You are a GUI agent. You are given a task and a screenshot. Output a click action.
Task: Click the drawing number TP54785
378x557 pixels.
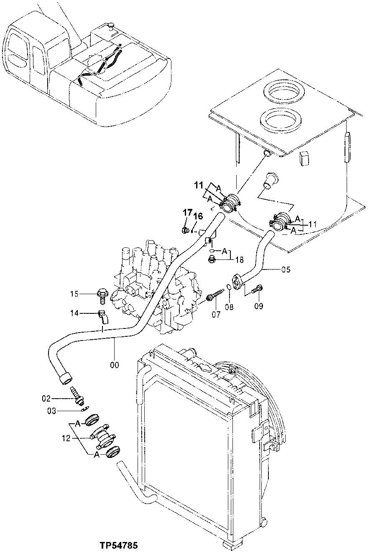point(118,545)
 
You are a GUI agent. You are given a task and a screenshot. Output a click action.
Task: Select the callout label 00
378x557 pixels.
point(114,365)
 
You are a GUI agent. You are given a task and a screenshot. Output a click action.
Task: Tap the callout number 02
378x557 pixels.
point(58,398)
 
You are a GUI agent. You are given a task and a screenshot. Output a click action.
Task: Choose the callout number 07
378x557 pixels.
point(216,314)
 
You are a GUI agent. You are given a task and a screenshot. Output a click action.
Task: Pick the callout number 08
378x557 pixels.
point(229,306)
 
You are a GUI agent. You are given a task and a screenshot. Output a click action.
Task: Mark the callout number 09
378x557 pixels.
point(258,306)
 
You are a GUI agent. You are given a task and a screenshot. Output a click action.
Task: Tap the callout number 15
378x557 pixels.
point(74,294)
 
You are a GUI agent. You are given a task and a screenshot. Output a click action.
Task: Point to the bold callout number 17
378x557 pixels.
point(186,212)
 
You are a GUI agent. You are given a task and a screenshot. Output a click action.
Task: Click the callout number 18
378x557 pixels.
point(239,259)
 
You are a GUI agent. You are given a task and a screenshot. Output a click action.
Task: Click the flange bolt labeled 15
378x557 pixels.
point(102,294)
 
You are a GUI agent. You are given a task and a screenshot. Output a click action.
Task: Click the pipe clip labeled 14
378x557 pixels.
point(102,316)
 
